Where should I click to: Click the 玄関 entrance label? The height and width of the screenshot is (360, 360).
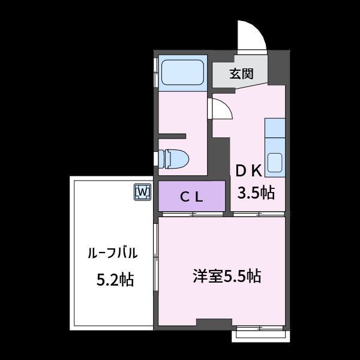[241, 74]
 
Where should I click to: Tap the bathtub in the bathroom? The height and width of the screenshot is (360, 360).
[182, 73]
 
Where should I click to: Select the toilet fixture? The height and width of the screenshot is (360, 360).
[174, 158]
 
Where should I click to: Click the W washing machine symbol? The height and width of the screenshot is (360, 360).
[143, 192]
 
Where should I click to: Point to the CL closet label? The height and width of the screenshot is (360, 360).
[191, 197]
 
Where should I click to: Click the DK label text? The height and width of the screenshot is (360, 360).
[249, 171]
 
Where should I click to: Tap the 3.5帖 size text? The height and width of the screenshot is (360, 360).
[256, 193]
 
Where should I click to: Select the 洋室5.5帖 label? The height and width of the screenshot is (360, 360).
[227, 276]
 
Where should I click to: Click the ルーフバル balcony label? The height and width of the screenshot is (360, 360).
[113, 253]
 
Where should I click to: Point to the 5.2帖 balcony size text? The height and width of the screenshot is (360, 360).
[115, 280]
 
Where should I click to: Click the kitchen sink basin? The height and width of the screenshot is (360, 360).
[275, 163]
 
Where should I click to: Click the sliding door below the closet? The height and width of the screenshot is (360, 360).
[193, 214]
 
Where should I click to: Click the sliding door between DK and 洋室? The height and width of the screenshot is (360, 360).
[259, 214]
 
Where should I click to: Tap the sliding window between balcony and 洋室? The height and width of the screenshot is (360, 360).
[155, 257]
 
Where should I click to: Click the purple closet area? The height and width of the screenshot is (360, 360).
[192, 196]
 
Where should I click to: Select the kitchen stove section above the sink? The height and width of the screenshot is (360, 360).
[275, 128]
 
